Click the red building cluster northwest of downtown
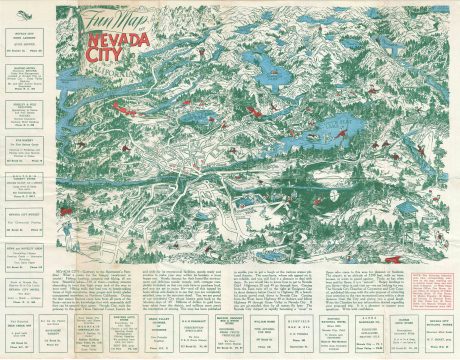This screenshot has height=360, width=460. coord(120,105)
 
